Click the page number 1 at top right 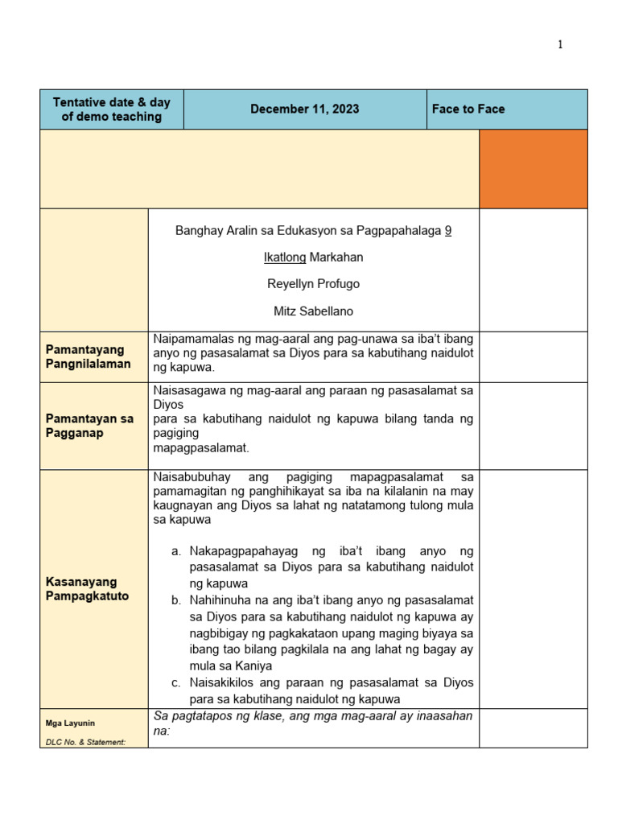click(560, 45)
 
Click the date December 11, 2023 click(304, 109)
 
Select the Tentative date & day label click(112, 109)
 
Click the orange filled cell click(533, 169)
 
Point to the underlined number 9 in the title click(448, 231)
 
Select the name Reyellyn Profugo click(314, 284)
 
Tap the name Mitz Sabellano click(314, 311)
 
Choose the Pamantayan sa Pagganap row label click(89, 426)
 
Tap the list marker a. click(176, 551)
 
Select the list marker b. click(176, 600)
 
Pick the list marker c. click(176, 683)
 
